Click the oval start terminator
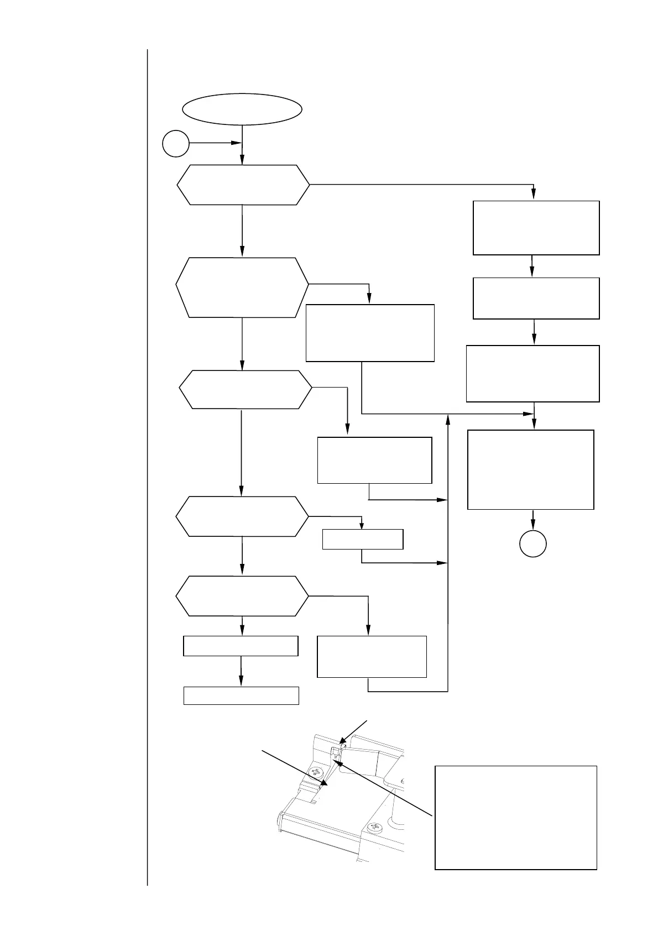pos(242,109)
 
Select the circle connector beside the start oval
pos(176,144)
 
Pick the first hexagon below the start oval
pos(243,185)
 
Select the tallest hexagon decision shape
pos(242,287)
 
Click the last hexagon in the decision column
pos(242,596)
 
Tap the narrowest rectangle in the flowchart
pos(362,539)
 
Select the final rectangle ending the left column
pos(241,695)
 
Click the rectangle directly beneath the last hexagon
pos(241,646)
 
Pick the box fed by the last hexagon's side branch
pos(372,656)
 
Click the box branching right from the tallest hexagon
pos(370,332)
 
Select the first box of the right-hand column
pos(536,228)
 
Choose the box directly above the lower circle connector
pos(531,469)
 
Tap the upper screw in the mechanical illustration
pos(317,772)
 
